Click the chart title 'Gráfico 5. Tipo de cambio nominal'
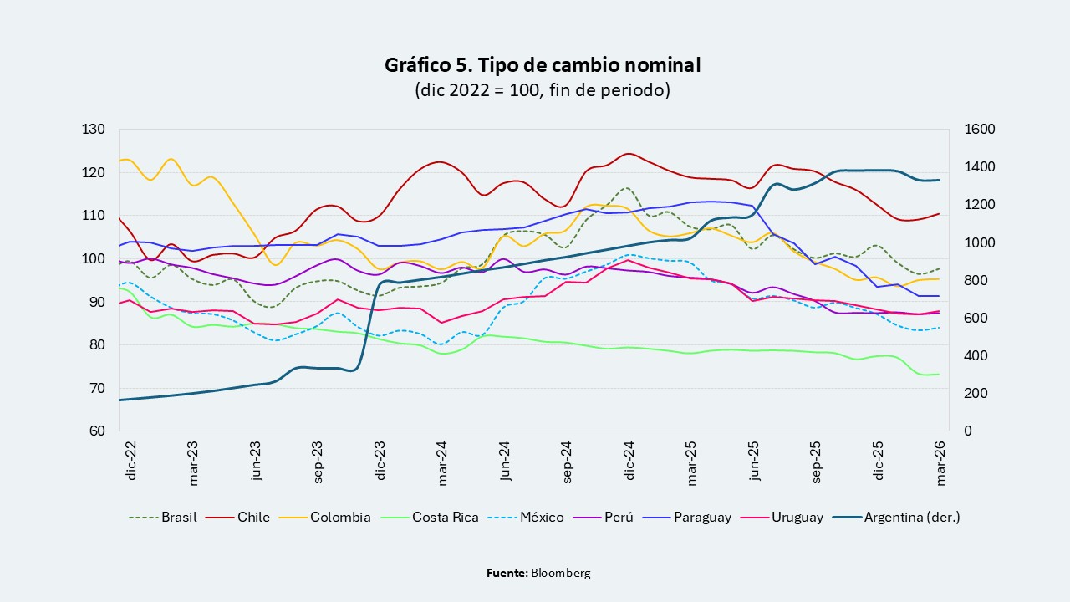click(543, 65)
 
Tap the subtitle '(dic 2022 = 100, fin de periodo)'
click(543, 90)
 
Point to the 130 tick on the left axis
click(93, 130)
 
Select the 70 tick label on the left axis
click(96, 388)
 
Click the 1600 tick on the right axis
click(980, 130)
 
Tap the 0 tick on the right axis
click(968, 431)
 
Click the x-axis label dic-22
click(131, 461)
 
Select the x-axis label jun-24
click(504, 461)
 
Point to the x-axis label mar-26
click(940, 463)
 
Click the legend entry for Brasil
click(163, 518)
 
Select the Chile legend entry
click(237, 518)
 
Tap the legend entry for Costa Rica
click(430, 518)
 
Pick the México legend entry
click(526, 518)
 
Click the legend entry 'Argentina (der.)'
click(896, 518)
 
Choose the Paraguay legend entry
click(687, 518)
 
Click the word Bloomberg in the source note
click(561, 573)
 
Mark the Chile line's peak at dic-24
click(629, 154)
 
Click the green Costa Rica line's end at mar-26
click(939, 374)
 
